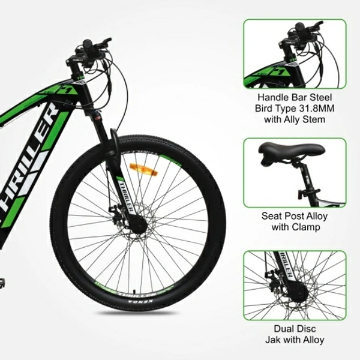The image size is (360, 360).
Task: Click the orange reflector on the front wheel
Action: tap(144, 170)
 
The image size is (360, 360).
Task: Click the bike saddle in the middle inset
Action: tap(292, 152)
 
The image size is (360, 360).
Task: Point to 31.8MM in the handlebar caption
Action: tap(317, 109)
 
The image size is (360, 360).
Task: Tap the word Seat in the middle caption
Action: tap(271, 216)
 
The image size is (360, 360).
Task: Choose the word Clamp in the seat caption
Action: tap(307, 227)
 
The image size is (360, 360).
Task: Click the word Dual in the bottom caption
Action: tap(283, 329)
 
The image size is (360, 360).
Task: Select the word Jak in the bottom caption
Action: tap(272, 340)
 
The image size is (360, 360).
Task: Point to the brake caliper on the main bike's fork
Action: tap(115, 211)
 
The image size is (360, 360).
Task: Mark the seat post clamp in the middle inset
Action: tap(308, 193)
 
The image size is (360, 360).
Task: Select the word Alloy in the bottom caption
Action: tap(314, 340)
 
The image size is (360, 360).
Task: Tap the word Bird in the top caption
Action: tap(263, 109)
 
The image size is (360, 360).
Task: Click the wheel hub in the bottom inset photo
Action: tap(298, 292)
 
